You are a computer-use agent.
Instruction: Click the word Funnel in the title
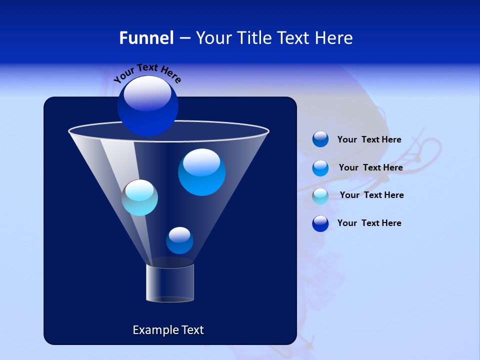[x=146, y=38]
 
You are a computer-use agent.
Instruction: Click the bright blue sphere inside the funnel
[x=202, y=172]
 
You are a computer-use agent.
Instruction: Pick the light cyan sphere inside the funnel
[x=140, y=197]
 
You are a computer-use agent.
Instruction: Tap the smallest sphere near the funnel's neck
[x=179, y=240]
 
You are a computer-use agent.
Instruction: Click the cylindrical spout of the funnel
[x=169, y=283]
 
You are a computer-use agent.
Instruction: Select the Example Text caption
[x=168, y=330]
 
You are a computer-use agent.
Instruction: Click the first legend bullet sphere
[x=320, y=139]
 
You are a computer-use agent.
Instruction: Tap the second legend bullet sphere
[x=320, y=168]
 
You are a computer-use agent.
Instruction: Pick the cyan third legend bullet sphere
[x=320, y=196]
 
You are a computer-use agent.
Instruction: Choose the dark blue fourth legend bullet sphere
[x=320, y=223]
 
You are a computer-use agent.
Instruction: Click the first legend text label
[x=369, y=140]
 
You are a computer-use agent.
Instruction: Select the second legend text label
[x=370, y=167]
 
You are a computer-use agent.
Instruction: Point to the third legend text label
[x=371, y=195]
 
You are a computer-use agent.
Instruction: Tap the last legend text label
[x=369, y=223]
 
